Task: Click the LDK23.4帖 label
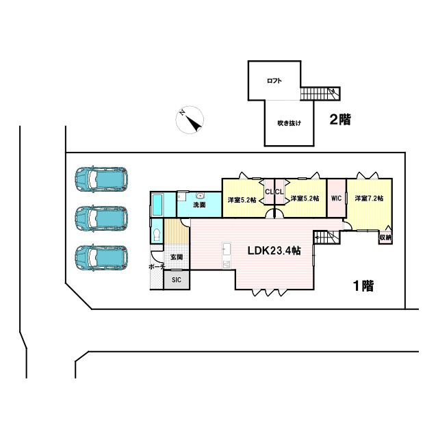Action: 274,250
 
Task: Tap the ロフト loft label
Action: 274,81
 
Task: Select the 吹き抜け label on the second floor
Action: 289,123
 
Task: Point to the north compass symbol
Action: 190,120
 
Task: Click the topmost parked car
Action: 101,179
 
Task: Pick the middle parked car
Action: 101,218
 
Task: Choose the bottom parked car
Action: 101,258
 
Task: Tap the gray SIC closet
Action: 177,280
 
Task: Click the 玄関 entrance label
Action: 177,257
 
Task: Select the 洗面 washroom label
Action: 199,205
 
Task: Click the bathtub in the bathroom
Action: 157,205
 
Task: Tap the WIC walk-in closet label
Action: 336,198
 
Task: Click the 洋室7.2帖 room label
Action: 369,198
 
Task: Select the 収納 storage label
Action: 385,237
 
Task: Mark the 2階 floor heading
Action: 340,120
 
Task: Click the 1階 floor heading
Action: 363,286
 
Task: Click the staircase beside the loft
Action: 320,94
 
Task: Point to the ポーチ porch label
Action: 157,267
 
